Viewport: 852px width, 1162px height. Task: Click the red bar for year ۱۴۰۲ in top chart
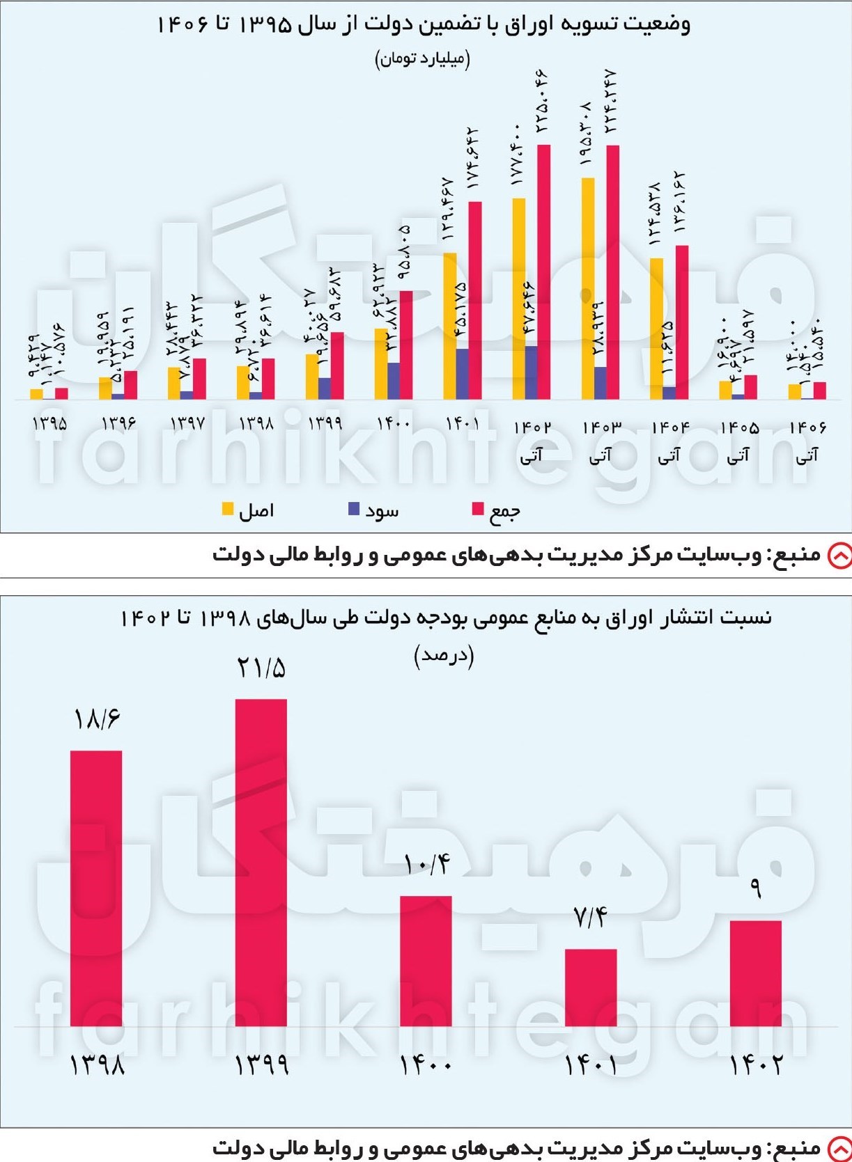click(x=543, y=272)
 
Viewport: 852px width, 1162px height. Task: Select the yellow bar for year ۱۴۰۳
click(x=588, y=288)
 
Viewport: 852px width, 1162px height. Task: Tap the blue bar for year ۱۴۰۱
click(x=462, y=374)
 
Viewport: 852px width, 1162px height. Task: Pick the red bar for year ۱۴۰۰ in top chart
click(x=405, y=345)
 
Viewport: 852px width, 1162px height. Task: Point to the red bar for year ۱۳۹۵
click(x=61, y=393)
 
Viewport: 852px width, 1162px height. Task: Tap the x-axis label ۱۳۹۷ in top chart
click(x=186, y=423)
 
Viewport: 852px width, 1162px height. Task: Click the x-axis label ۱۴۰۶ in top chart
click(x=807, y=425)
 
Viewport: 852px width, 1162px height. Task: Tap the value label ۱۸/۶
click(x=97, y=719)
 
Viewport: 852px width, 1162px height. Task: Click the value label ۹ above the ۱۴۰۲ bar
click(x=756, y=890)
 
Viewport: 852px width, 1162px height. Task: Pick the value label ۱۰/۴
click(x=426, y=865)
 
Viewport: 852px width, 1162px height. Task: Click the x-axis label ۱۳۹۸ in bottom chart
click(x=97, y=1065)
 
